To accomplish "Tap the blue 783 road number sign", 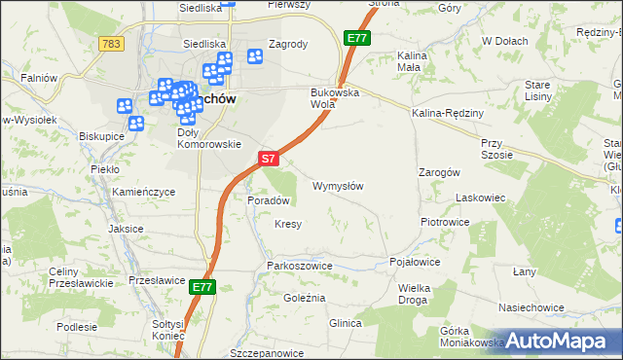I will point(111,44).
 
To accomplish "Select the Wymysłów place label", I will point(338,186).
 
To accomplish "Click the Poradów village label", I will point(270,200).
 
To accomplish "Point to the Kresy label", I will point(288,224).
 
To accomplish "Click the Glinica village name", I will point(346,323).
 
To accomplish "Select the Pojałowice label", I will point(415,263).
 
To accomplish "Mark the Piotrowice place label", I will point(445,222).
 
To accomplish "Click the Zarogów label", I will point(439,171).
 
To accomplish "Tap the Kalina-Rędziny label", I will point(448,114).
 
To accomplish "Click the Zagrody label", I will point(287,44).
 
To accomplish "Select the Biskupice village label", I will point(101,136).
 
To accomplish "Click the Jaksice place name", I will point(127,229).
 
